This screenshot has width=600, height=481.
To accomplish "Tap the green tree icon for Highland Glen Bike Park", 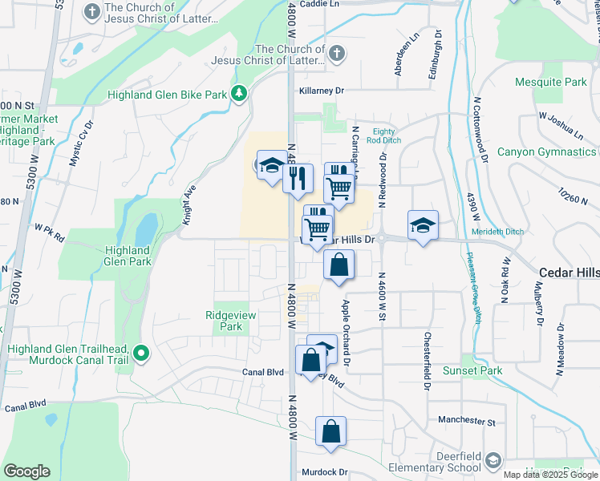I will (x=238, y=94).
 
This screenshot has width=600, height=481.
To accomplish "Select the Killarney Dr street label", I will (x=321, y=91).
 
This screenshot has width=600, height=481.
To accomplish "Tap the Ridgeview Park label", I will (x=231, y=321).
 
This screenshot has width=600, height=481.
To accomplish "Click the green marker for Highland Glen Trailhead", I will (x=142, y=353).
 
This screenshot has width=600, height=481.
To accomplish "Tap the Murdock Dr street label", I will (x=324, y=472).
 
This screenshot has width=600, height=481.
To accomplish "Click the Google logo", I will (x=26, y=471).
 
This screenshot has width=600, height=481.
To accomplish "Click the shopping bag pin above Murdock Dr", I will (x=330, y=431).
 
